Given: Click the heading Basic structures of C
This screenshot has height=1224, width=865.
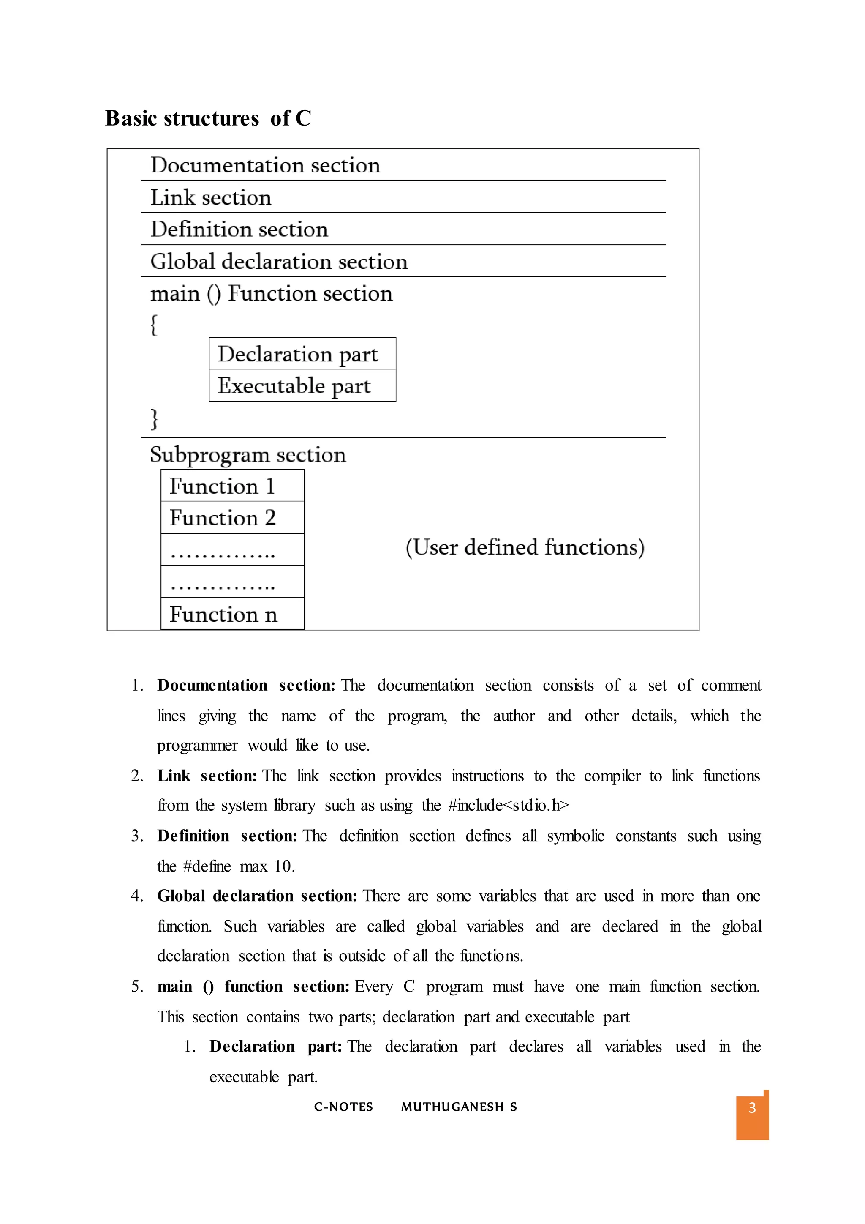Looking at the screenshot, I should click(208, 118).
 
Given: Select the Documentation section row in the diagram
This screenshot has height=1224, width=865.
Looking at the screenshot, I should click(265, 165).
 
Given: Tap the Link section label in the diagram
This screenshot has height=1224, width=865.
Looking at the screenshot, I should click(210, 198).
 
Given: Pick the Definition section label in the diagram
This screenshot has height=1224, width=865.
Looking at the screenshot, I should click(239, 229).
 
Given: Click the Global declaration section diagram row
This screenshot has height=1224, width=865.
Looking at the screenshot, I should click(279, 262).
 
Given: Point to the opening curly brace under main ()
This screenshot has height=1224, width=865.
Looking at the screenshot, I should click(154, 325).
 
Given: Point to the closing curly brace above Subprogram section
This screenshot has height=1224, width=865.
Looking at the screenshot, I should click(154, 418).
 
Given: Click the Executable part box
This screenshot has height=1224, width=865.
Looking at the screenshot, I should click(302, 385).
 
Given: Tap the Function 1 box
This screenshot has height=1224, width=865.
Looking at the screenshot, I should click(232, 486).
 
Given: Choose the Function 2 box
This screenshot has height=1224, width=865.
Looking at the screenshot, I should click(232, 518).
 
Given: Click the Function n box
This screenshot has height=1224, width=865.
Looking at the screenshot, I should click(232, 614).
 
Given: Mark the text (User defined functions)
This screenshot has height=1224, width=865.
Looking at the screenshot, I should click(525, 547).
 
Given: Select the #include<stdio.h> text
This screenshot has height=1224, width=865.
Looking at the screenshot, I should click(508, 806).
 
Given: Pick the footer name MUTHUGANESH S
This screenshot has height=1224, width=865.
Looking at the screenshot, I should click(459, 1107).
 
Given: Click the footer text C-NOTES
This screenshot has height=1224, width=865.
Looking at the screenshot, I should click(343, 1107).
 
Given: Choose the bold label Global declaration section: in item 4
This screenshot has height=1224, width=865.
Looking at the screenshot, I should click(257, 896).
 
